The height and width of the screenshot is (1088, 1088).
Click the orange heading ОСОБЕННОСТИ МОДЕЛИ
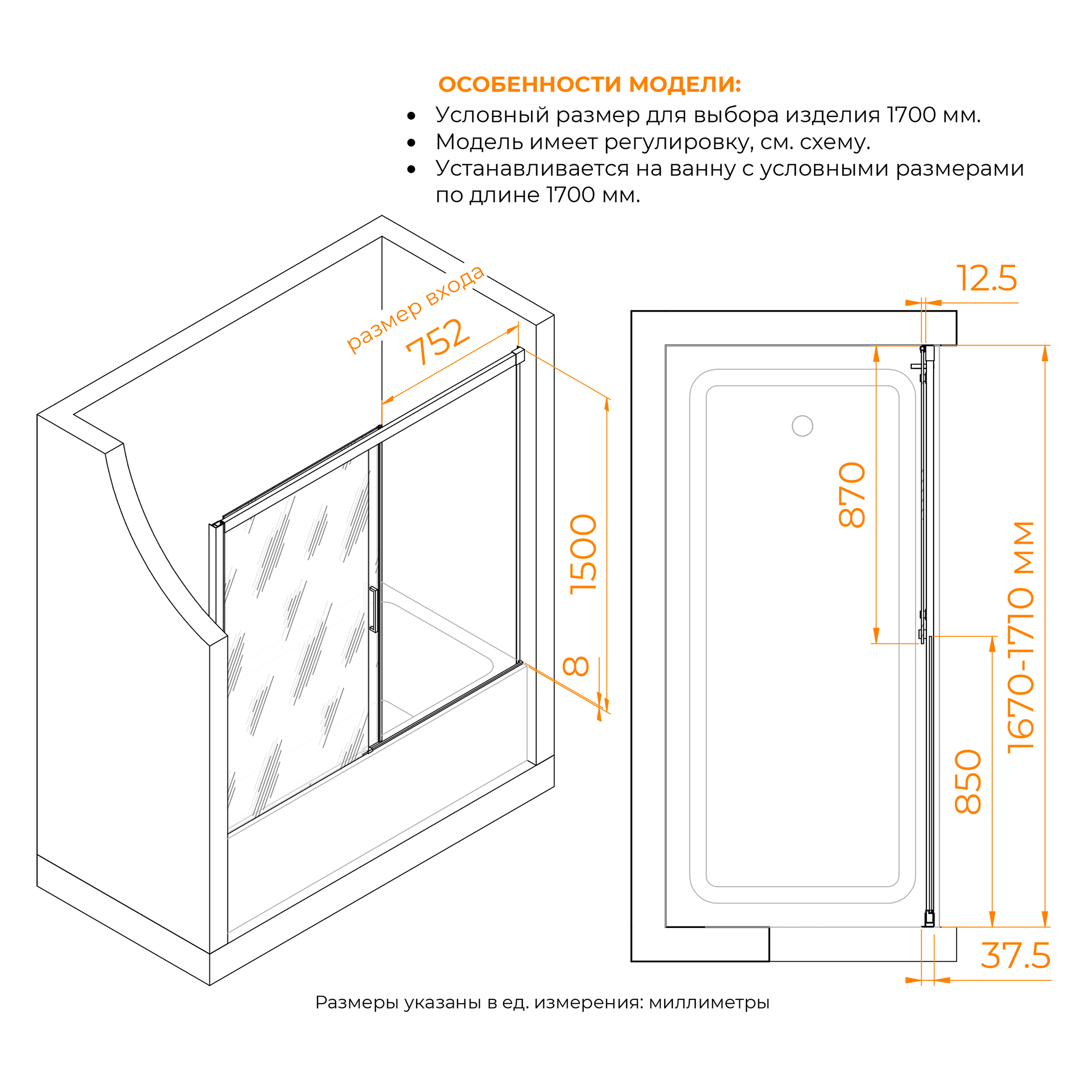point(590,84)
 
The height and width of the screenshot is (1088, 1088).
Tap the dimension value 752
point(437,341)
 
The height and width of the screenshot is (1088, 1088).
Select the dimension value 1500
point(583,554)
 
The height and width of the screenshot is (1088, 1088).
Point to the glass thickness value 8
point(576,666)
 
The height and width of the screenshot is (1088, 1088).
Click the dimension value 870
point(852,494)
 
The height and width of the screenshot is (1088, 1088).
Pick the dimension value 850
point(968,782)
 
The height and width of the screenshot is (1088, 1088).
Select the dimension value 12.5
point(987,278)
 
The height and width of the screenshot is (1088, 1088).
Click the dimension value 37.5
point(1016,956)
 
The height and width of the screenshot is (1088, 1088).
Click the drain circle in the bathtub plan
point(802,426)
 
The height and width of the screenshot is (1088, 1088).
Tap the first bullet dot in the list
point(411,116)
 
